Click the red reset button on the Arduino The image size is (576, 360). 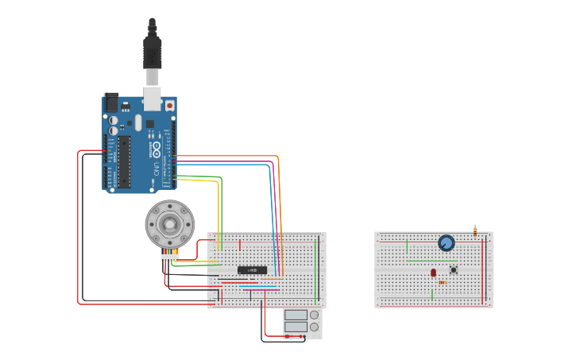coord(169,105)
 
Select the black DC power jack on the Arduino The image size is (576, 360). coord(111,102)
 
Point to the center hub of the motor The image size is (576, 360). coord(169,223)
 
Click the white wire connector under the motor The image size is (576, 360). coord(169,257)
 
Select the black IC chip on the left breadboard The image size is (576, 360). coord(252,270)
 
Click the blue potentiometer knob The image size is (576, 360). coord(446,243)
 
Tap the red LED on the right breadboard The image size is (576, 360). coord(433,273)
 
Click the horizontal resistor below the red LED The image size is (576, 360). coord(443,282)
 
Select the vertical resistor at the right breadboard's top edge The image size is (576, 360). coord(475,231)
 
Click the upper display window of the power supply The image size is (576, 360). coord(296,315)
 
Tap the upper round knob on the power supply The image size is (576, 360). coord(315,315)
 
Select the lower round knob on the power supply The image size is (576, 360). coord(315,327)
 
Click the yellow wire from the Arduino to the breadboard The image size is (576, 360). coord(218,207)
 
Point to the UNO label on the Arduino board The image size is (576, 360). coord(157,167)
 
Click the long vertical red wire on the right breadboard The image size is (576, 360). coord(482,270)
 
